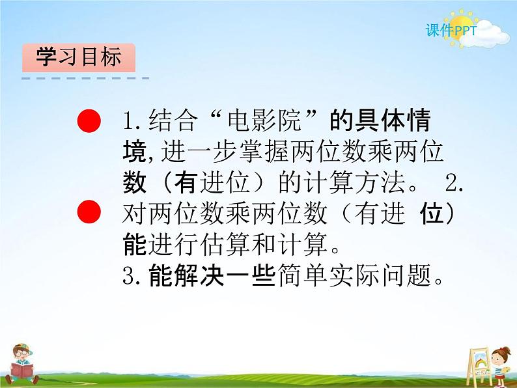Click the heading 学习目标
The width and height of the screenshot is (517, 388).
pyautogui.click(x=79, y=57)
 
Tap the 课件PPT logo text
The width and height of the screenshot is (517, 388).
pyautogui.click(x=451, y=31)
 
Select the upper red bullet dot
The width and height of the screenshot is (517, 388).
pyautogui.click(x=89, y=120)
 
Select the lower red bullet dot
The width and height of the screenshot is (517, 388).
pyautogui.click(x=89, y=212)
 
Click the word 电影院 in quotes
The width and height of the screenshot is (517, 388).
pyautogui.click(x=264, y=120)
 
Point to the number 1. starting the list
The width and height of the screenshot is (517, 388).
pyautogui.click(x=132, y=121)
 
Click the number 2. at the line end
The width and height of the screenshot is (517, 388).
pyautogui.click(x=454, y=182)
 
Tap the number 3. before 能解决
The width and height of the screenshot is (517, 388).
pyautogui.click(x=132, y=275)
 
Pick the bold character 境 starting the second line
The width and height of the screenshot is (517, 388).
pyautogui.click(x=135, y=152)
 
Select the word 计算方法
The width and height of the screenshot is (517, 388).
pyautogui.click(x=354, y=182)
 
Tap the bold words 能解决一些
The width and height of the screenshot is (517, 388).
pyautogui.click(x=212, y=275)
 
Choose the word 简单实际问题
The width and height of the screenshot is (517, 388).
pyautogui.click(x=354, y=275)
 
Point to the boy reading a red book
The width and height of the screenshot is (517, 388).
pyautogui.click(x=21, y=364)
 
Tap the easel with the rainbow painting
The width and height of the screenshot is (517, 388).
pyautogui.click(x=479, y=366)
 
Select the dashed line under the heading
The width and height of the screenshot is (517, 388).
pyautogui.click(x=85, y=79)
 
